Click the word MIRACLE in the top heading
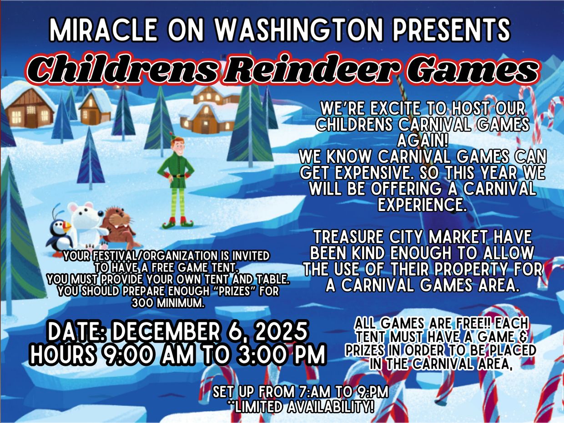point(103,30)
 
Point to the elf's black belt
point(178,176)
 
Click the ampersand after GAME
point(522,337)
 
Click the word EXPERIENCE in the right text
point(422,204)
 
